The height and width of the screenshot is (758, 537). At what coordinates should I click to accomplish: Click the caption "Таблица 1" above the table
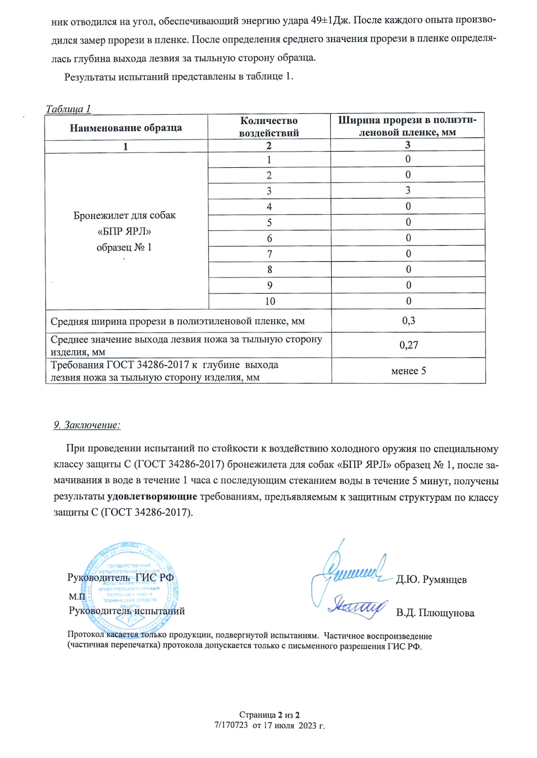[68, 109]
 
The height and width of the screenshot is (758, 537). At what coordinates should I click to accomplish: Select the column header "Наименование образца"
[126, 128]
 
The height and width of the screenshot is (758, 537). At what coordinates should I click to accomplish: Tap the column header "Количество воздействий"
[269, 127]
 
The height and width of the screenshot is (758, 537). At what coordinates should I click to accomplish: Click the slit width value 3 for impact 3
[408, 191]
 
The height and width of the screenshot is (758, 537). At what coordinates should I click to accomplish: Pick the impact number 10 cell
[270, 301]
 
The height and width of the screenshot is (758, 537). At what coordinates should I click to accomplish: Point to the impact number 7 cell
[270, 254]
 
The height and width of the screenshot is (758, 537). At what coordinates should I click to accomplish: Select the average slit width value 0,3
[409, 320]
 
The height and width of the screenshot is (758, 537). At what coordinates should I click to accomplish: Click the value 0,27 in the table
[409, 345]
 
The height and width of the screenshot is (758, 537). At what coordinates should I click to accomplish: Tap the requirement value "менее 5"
[409, 371]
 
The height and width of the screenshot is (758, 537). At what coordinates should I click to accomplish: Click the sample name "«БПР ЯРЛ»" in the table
[124, 231]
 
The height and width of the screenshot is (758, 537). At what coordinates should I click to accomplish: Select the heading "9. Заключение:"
[87, 425]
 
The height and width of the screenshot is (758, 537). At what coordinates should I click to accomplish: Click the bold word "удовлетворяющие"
[152, 496]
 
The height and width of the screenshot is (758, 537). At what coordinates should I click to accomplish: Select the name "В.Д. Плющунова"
[435, 613]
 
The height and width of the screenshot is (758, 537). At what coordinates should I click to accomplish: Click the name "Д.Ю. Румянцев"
[431, 580]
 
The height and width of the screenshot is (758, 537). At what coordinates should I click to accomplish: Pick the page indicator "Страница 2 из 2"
[270, 715]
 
